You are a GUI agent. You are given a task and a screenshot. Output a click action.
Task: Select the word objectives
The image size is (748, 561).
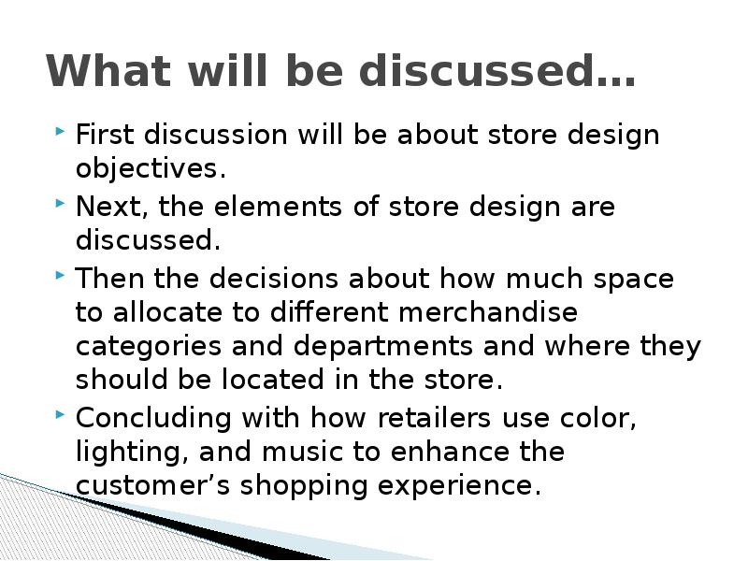[x=149, y=170]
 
